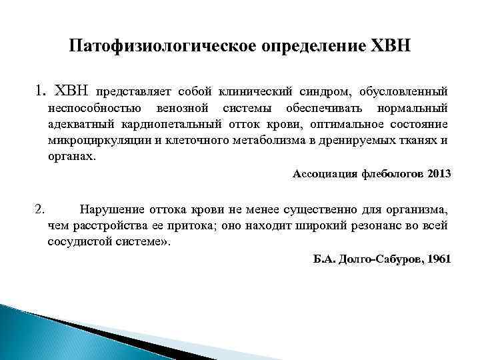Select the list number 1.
point(39,90)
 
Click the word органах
point(71,157)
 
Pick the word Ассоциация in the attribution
point(325,174)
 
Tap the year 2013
point(439,174)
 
